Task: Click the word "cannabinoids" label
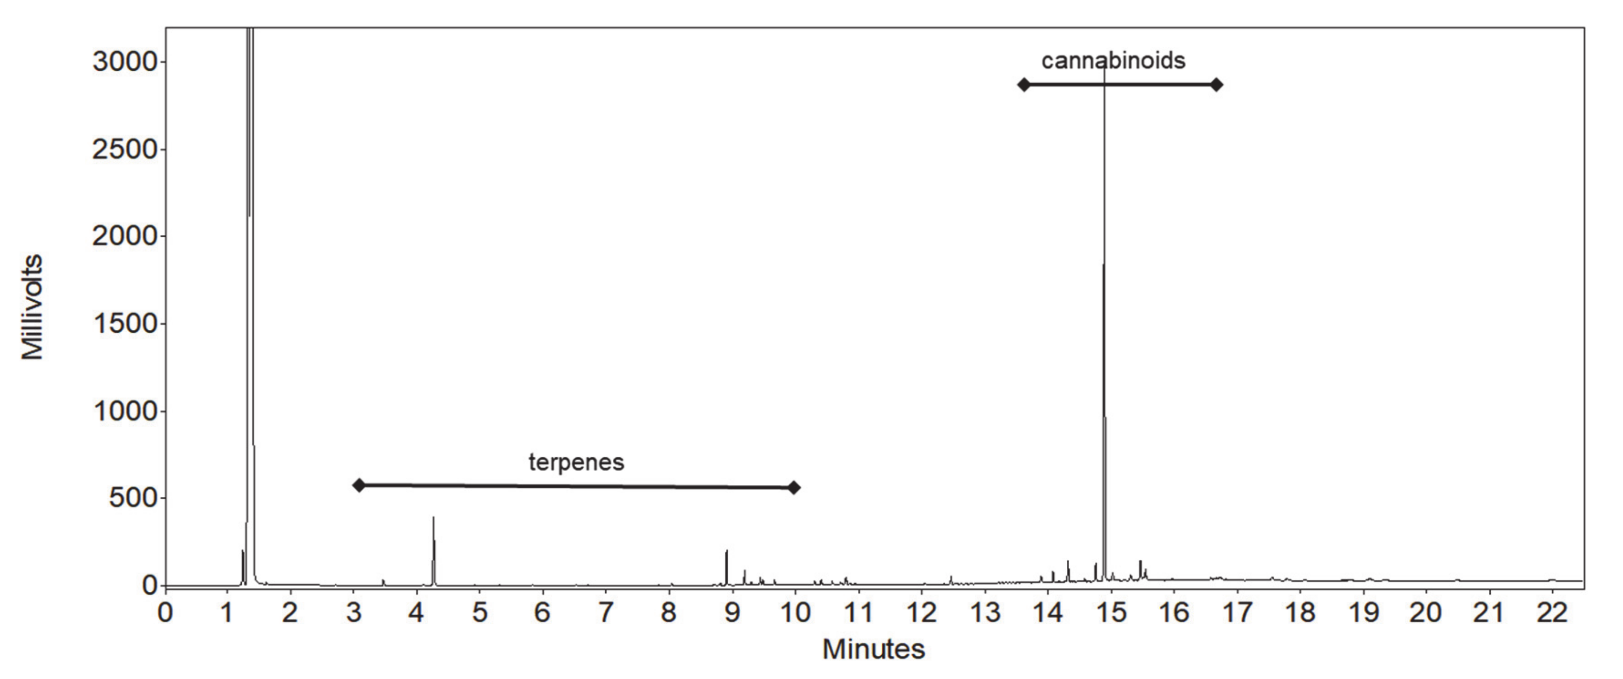point(1113,61)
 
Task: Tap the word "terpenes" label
point(576,463)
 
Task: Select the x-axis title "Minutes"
point(873,649)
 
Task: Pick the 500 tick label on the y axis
point(132,498)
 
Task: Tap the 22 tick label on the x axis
point(1552,612)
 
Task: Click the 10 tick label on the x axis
point(795,612)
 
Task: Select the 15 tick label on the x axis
point(1111,612)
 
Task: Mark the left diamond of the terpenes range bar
point(359,485)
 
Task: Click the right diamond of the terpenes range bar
point(794,487)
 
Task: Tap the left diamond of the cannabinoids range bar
point(1024,84)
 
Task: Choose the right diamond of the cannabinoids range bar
point(1217,84)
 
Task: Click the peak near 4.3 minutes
point(434,519)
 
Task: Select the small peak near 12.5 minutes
point(951,577)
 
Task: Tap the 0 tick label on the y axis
point(149,586)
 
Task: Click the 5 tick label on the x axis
point(480,612)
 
